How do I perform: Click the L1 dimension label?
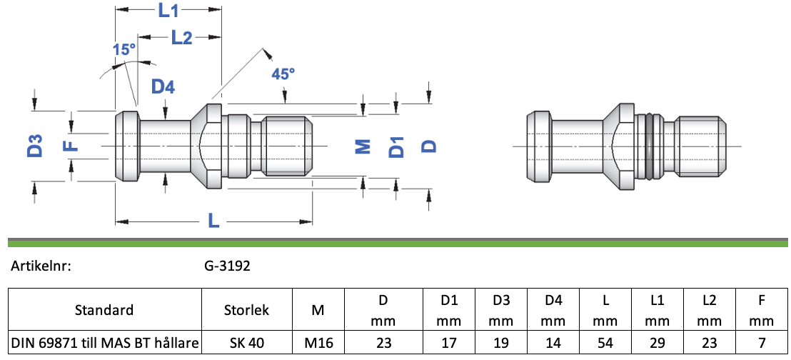point(169,11)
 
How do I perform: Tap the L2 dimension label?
point(181,37)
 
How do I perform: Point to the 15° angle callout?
point(125,49)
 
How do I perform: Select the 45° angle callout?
point(283,74)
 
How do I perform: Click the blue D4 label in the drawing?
point(163,87)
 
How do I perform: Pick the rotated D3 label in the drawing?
point(34,146)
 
